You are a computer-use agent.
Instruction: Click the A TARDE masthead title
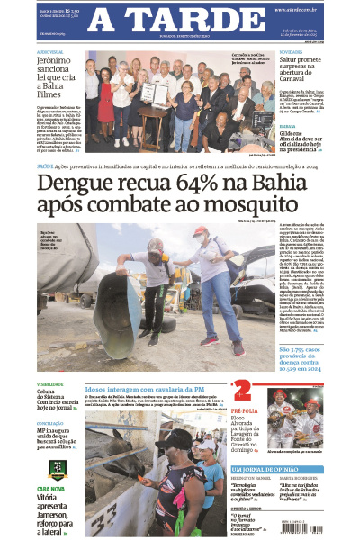pos(179,21)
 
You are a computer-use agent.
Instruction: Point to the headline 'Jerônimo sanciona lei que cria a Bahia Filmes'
pos(58,73)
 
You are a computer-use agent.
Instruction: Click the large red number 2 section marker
pos(241,391)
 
